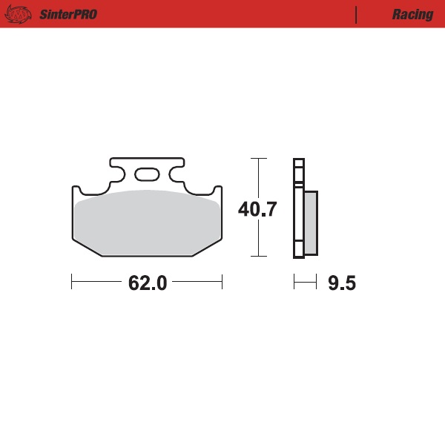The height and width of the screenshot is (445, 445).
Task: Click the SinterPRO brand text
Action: tap(67, 15)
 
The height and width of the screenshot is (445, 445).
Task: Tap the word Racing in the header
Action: tap(412, 15)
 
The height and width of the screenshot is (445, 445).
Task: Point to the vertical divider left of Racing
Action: tap(357, 15)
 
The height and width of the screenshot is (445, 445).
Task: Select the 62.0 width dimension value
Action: tap(147, 283)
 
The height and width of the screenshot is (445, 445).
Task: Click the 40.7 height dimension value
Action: tap(257, 210)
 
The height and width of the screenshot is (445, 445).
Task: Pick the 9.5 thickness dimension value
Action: tap(342, 283)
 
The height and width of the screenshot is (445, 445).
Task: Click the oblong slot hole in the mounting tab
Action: tap(147, 175)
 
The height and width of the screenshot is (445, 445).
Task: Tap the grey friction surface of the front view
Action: tap(147, 222)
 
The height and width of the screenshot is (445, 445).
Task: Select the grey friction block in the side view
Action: tap(311, 222)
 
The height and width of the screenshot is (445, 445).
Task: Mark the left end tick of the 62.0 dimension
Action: tap(72, 282)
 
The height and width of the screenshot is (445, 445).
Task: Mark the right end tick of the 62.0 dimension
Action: tap(222, 282)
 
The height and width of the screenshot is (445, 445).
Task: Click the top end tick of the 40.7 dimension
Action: tap(257, 158)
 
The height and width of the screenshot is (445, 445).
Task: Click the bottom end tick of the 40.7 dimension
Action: tap(257, 257)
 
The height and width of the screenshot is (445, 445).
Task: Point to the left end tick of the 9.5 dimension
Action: tap(294, 282)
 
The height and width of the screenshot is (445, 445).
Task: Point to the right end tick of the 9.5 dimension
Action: tap(317, 282)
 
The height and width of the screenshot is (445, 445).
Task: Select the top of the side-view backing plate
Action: tap(298, 160)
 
